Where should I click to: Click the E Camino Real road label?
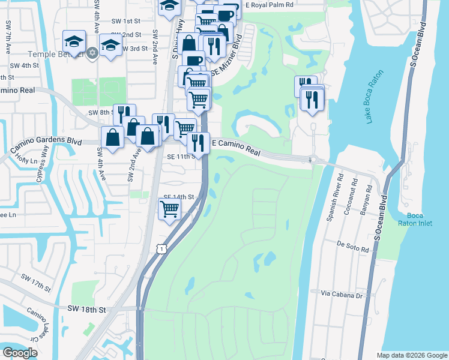coord(237,148)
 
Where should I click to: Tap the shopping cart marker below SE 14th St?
coord(170,209)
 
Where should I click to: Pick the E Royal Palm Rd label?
coord(270,4)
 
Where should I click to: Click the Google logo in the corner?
coord(20,353)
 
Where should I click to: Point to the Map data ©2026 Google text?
coord(411,355)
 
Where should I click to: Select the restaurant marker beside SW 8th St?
coord(124,114)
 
